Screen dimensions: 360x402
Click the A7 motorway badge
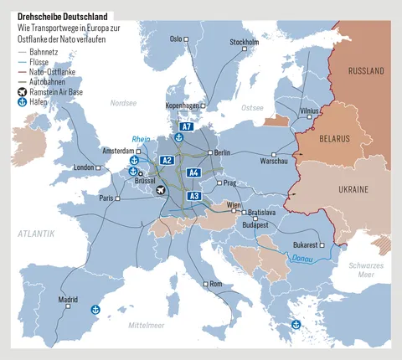pos(187,127)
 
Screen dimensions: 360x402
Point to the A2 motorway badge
pos(167,160)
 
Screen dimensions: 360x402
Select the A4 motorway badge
pos(193,172)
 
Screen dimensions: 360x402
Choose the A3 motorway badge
pos(193,195)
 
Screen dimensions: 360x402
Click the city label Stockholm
pos(244,42)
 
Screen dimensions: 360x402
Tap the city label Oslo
pos(176,39)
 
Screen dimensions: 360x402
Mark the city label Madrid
pos(68,299)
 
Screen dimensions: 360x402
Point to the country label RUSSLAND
pos(365,70)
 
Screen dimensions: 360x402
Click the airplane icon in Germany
pos(162,190)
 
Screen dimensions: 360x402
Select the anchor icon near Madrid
pos(95,311)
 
